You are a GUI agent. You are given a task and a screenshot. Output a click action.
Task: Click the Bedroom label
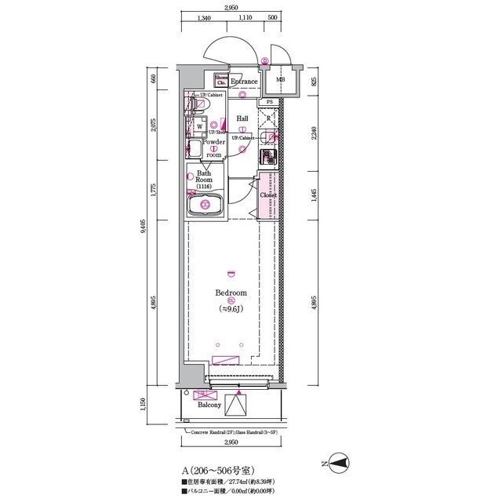231,293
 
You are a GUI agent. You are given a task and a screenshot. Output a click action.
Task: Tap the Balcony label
209,406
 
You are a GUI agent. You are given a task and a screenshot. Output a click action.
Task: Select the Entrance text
244,82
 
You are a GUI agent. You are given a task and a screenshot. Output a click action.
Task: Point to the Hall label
242,118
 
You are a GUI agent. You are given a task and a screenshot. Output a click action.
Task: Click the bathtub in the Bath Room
206,206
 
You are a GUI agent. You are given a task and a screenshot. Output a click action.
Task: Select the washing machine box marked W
199,125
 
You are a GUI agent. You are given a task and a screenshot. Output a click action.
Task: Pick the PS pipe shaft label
269,102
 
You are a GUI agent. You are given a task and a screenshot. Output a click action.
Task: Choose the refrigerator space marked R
269,119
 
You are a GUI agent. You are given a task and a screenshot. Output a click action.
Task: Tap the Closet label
268,195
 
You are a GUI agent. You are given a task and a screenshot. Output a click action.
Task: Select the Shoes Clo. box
221,81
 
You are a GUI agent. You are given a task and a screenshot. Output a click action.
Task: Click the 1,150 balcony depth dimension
155,407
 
